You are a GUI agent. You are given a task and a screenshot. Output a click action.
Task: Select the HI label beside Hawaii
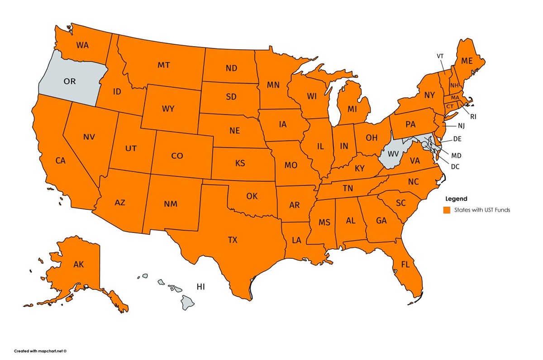[201, 286]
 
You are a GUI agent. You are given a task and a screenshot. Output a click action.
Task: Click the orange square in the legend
[447, 210]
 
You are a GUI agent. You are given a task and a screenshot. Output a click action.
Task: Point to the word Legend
[456, 199]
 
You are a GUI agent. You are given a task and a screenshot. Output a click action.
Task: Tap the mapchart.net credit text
[40, 351]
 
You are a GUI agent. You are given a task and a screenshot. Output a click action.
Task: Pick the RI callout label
[473, 116]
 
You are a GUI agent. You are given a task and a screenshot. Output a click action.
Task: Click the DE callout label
[458, 139]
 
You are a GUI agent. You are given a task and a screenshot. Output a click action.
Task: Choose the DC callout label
[455, 166]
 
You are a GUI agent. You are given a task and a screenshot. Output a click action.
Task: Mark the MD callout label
[456, 155]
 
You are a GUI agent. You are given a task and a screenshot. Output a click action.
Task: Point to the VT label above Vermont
[440, 56]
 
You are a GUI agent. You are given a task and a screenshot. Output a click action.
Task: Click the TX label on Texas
[232, 240]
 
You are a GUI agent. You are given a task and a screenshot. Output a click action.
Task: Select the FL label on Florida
[405, 263]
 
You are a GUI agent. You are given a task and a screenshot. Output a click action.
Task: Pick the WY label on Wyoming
[168, 109]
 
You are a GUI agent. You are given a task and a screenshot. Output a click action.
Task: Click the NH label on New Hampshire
[454, 85]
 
